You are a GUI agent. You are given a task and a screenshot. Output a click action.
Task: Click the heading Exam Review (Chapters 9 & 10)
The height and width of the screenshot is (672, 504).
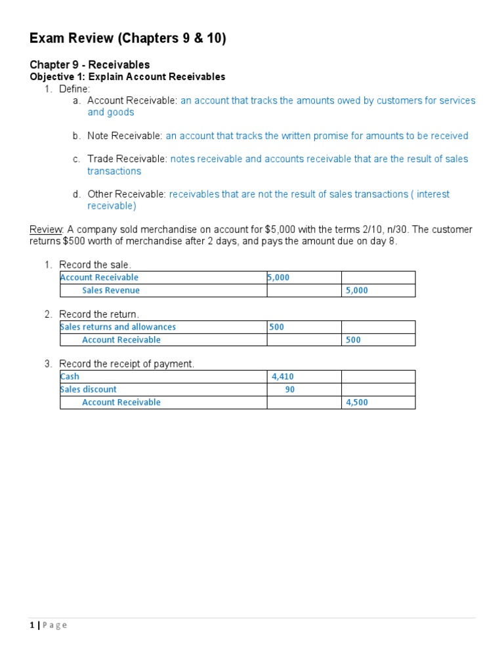[128, 39]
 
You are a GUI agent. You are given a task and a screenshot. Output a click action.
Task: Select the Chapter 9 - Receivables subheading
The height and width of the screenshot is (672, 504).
[90, 64]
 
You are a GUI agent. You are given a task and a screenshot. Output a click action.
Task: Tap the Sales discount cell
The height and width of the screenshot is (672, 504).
[89, 389]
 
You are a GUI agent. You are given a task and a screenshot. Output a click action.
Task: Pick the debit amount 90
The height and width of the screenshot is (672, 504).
[289, 389]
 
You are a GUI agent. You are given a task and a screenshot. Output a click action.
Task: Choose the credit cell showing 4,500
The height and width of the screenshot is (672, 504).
[356, 402]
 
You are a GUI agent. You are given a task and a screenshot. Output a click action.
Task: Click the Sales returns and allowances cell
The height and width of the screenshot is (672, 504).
[118, 327]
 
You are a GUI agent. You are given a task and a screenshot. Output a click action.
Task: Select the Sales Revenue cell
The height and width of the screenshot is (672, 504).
[111, 291]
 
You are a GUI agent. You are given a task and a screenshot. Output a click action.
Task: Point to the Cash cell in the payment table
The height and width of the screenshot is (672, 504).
[70, 377]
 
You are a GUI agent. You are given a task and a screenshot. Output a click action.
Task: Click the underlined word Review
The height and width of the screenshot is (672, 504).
[46, 230]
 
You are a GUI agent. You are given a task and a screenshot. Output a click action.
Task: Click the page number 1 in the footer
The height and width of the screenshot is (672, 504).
[32, 625]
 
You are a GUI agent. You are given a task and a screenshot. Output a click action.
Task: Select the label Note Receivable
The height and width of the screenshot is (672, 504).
[125, 136]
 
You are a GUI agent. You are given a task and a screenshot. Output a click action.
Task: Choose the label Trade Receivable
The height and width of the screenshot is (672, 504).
[127, 159]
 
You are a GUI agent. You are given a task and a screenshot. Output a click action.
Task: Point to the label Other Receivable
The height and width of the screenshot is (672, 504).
[127, 194]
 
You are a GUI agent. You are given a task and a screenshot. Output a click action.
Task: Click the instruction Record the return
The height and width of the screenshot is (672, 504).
[99, 314]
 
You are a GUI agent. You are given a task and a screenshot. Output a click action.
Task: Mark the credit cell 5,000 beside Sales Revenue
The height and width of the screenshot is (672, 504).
[356, 291]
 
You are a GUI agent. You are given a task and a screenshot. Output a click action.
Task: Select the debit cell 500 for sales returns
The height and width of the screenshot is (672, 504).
[277, 327]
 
